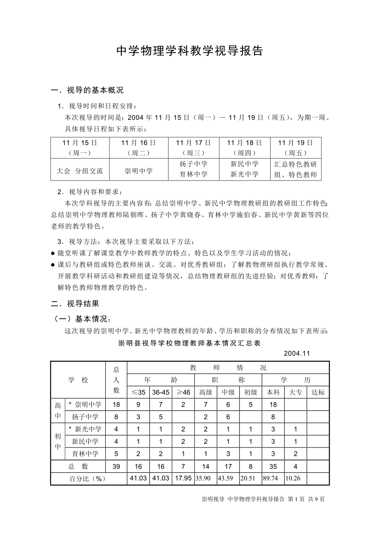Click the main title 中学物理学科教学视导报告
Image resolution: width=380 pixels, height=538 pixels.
tap(190, 51)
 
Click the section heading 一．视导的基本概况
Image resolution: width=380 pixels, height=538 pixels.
tap(87, 90)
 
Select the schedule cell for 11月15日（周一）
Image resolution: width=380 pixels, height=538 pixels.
tap(80, 148)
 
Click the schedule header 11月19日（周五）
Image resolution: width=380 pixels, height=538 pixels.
tap(295, 148)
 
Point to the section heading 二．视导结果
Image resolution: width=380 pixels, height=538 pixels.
tap(75, 304)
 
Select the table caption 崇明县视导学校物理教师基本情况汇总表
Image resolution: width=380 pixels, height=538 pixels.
tap(190, 343)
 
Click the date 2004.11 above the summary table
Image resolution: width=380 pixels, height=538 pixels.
tap(297, 354)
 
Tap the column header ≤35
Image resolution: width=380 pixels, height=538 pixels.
tap(138, 392)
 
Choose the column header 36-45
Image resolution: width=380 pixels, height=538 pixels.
tap(161, 392)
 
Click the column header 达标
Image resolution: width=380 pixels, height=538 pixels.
tap(318, 392)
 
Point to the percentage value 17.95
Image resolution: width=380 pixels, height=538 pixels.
tap(183, 478)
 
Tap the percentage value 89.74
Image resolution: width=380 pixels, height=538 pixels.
tap(273, 478)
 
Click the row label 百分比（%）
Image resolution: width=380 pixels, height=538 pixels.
tap(88, 478)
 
